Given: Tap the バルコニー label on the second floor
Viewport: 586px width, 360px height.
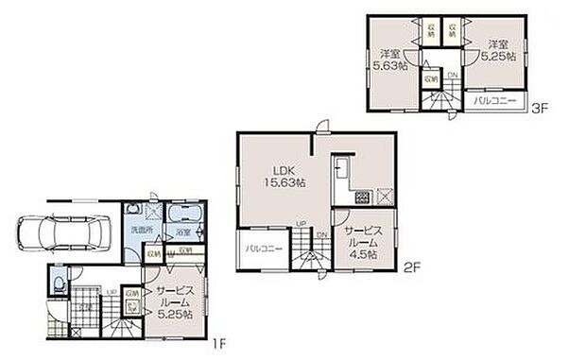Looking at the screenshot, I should (x=261, y=248).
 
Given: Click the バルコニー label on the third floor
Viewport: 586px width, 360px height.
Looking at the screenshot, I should (x=493, y=99).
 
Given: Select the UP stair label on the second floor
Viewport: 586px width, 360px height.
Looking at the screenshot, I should (x=301, y=224).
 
